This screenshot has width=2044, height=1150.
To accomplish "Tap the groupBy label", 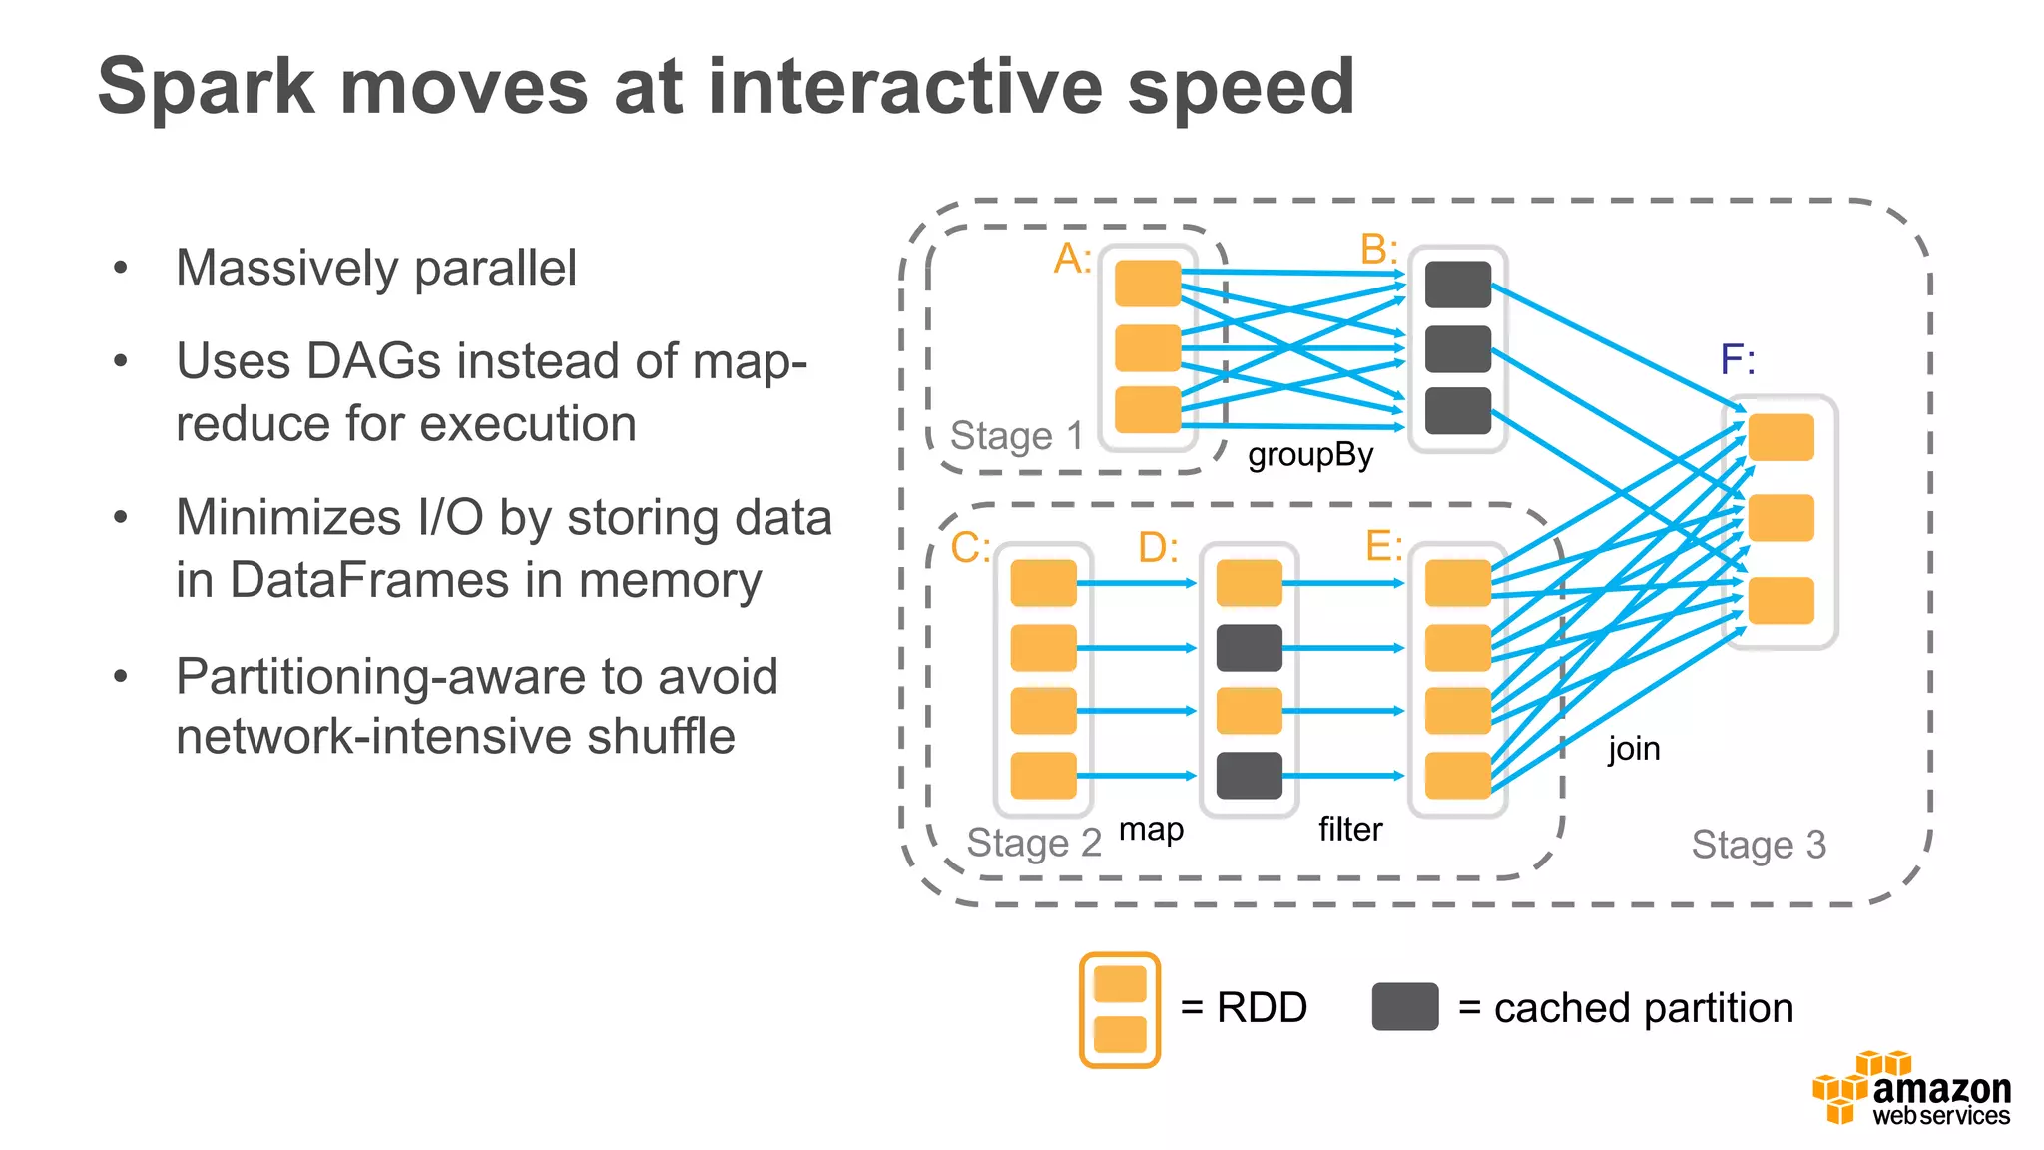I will (1309, 455).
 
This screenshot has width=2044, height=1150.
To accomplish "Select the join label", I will (1633, 748).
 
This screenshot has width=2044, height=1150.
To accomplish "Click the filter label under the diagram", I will (1349, 829).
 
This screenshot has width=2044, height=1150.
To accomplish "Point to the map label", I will (1151, 829).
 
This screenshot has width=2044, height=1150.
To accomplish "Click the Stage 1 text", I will (1015, 436).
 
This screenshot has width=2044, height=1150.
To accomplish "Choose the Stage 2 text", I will (1033, 843).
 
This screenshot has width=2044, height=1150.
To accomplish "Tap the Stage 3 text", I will (1758, 845).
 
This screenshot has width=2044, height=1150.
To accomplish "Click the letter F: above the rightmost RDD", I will (1737, 359).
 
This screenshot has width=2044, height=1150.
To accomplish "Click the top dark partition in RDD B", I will (1457, 285).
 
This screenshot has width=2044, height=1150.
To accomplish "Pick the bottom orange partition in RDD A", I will (1147, 409).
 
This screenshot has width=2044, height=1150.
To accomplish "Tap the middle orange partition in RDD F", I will (1781, 518).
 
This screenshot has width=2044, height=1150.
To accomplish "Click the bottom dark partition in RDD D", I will (1249, 776).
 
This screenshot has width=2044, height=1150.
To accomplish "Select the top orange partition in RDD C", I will (1043, 583).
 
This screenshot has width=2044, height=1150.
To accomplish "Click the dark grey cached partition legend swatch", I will (1404, 1006).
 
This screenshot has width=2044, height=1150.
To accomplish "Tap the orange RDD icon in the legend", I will (1119, 1009).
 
